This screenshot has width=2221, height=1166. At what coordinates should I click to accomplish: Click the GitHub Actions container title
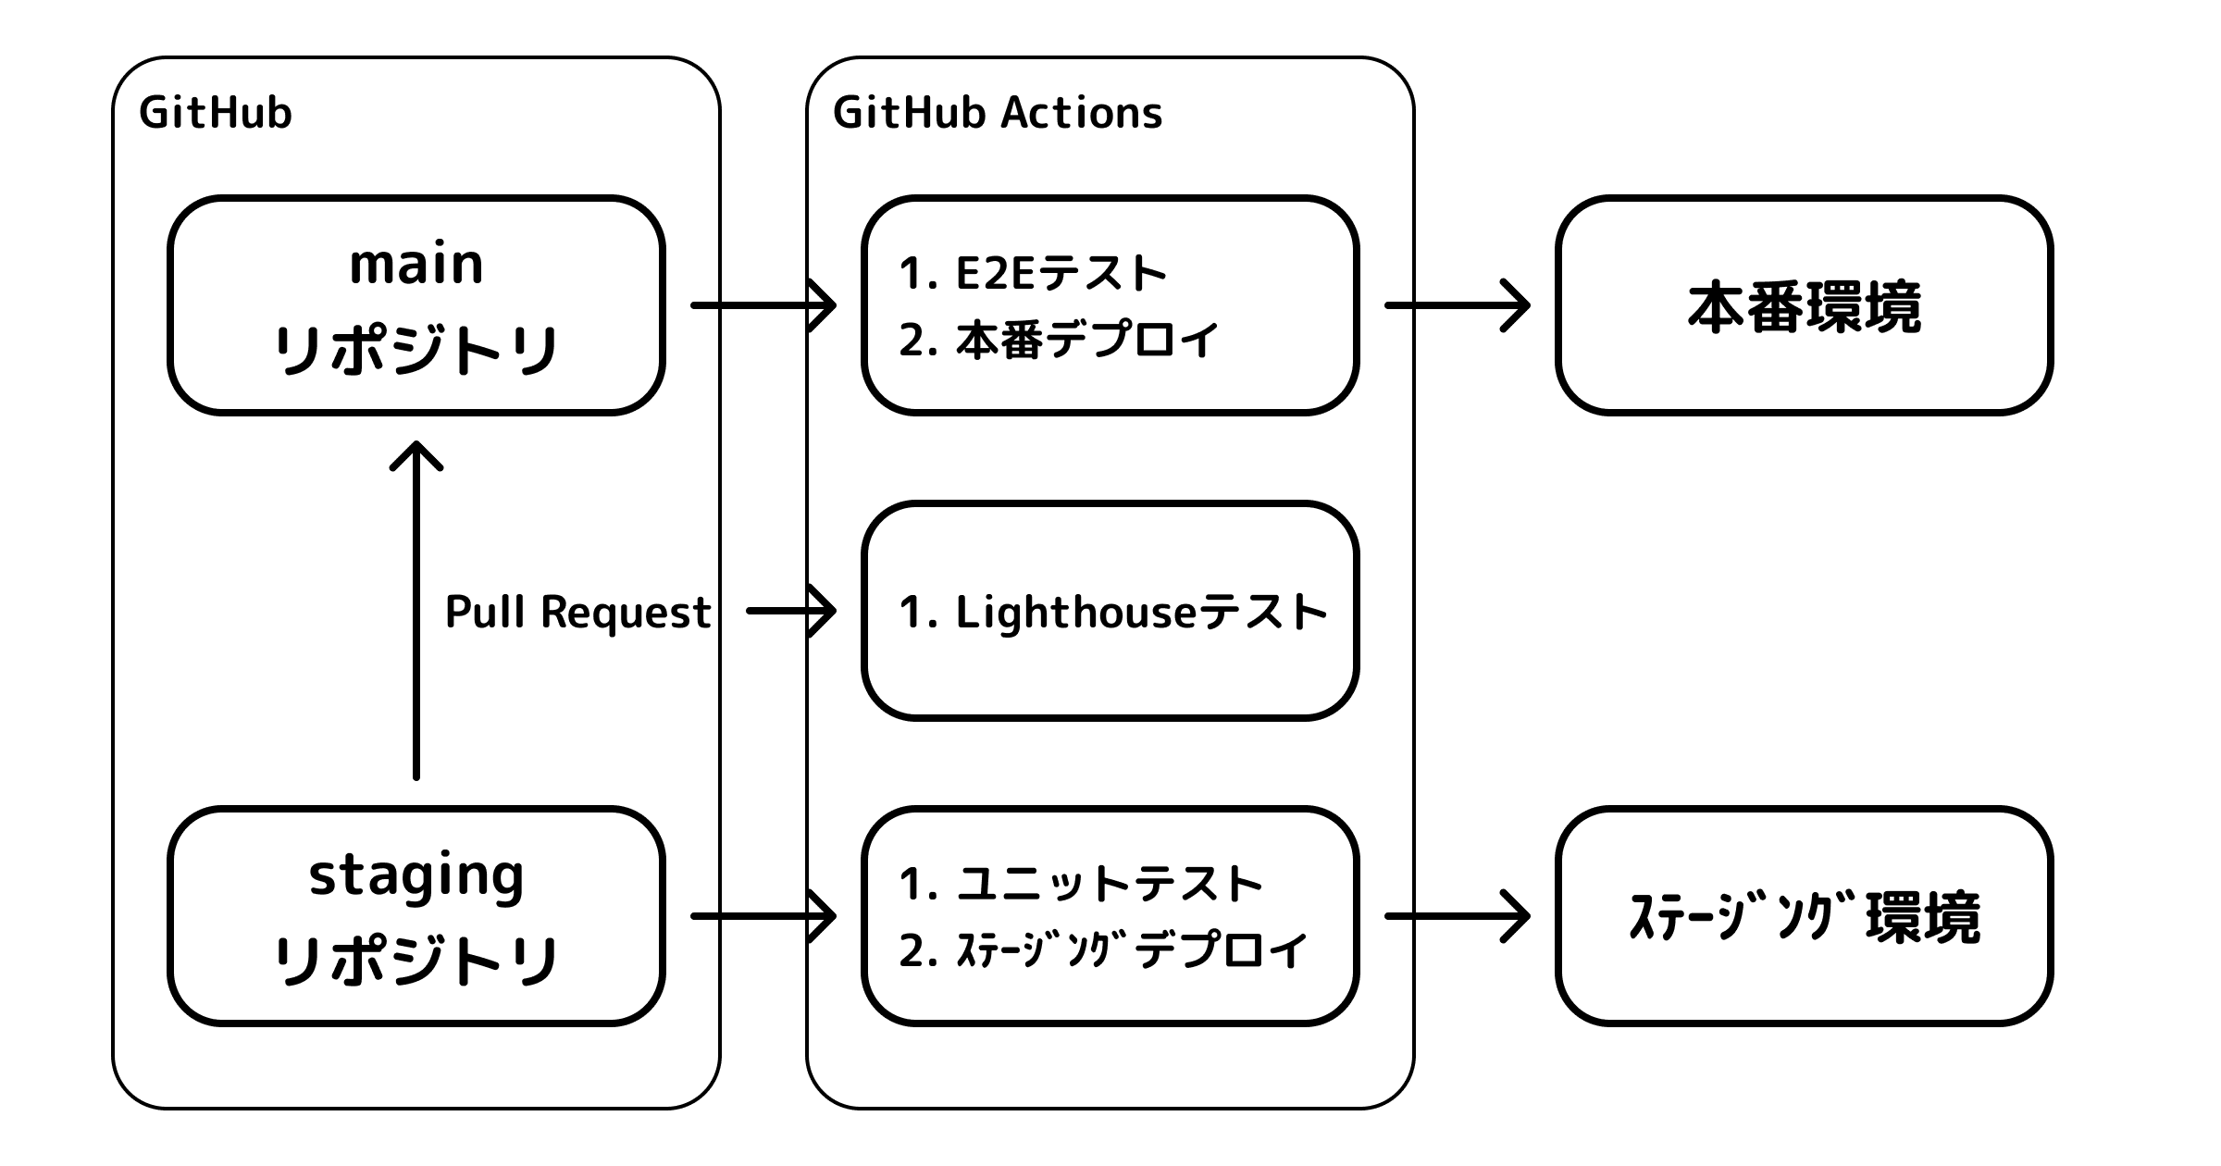click(x=997, y=113)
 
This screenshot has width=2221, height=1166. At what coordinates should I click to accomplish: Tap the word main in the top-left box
click(x=416, y=265)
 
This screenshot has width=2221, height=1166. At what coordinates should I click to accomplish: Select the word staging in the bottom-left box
click(x=416, y=875)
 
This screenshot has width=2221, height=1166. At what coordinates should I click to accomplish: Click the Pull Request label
click(x=578, y=612)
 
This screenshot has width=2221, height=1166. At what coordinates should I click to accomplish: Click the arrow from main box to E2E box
click(x=763, y=304)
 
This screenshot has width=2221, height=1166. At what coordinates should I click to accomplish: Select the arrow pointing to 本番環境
click(x=1457, y=304)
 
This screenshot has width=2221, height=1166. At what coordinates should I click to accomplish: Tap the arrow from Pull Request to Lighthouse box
click(x=791, y=611)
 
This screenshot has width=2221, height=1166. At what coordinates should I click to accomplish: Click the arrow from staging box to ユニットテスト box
click(x=763, y=916)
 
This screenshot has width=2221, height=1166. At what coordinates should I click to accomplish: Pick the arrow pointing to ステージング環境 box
click(x=1457, y=916)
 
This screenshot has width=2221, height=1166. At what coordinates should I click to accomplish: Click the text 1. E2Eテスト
click(x=1032, y=274)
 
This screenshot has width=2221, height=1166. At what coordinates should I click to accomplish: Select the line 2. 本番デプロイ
click(x=1058, y=341)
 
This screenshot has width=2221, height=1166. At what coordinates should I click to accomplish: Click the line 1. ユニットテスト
click(x=1080, y=884)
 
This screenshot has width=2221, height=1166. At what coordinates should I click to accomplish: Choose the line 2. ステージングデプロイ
click(x=1102, y=950)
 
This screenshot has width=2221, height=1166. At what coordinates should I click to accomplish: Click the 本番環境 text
click(x=1804, y=307)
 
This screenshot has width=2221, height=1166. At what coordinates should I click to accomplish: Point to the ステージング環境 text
click(x=1804, y=918)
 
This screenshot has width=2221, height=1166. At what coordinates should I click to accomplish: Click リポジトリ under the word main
click(x=416, y=351)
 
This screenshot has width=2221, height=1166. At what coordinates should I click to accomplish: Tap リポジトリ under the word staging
click(x=416, y=961)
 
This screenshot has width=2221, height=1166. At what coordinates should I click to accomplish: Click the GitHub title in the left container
click(x=216, y=113)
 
